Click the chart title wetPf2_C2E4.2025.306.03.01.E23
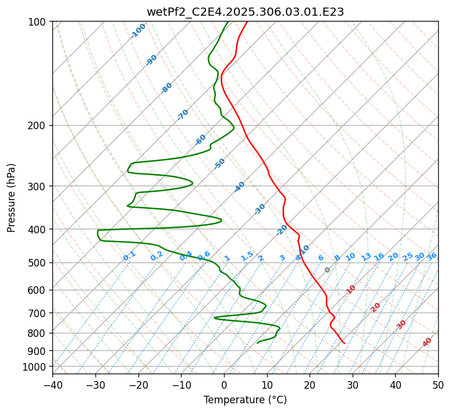(x=245, y=12)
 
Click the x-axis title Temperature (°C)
(x=245, y=400)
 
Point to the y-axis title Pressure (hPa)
(x=12, y=198)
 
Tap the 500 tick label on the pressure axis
(x=38, y=263)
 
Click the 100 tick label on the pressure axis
(x=38, y=22)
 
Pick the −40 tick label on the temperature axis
(x=52, y=385)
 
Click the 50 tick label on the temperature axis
(x=438, y=385)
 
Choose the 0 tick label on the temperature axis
(x=224, y=385)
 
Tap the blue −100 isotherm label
(x=138, y=31)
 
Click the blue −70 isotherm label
(x=183, y=115)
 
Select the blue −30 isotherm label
(x=260, y=209)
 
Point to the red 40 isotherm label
(x=427, y=342)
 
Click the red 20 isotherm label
(x=376, y=307)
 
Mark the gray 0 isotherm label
(x=328, y=270)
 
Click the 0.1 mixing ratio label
(x=129, y=256)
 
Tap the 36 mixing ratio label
(x=432, y=256)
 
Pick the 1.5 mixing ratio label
(x=247, y=256)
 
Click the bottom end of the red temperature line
(x=345, y=343)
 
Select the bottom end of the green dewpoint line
(x=257, y=343)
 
